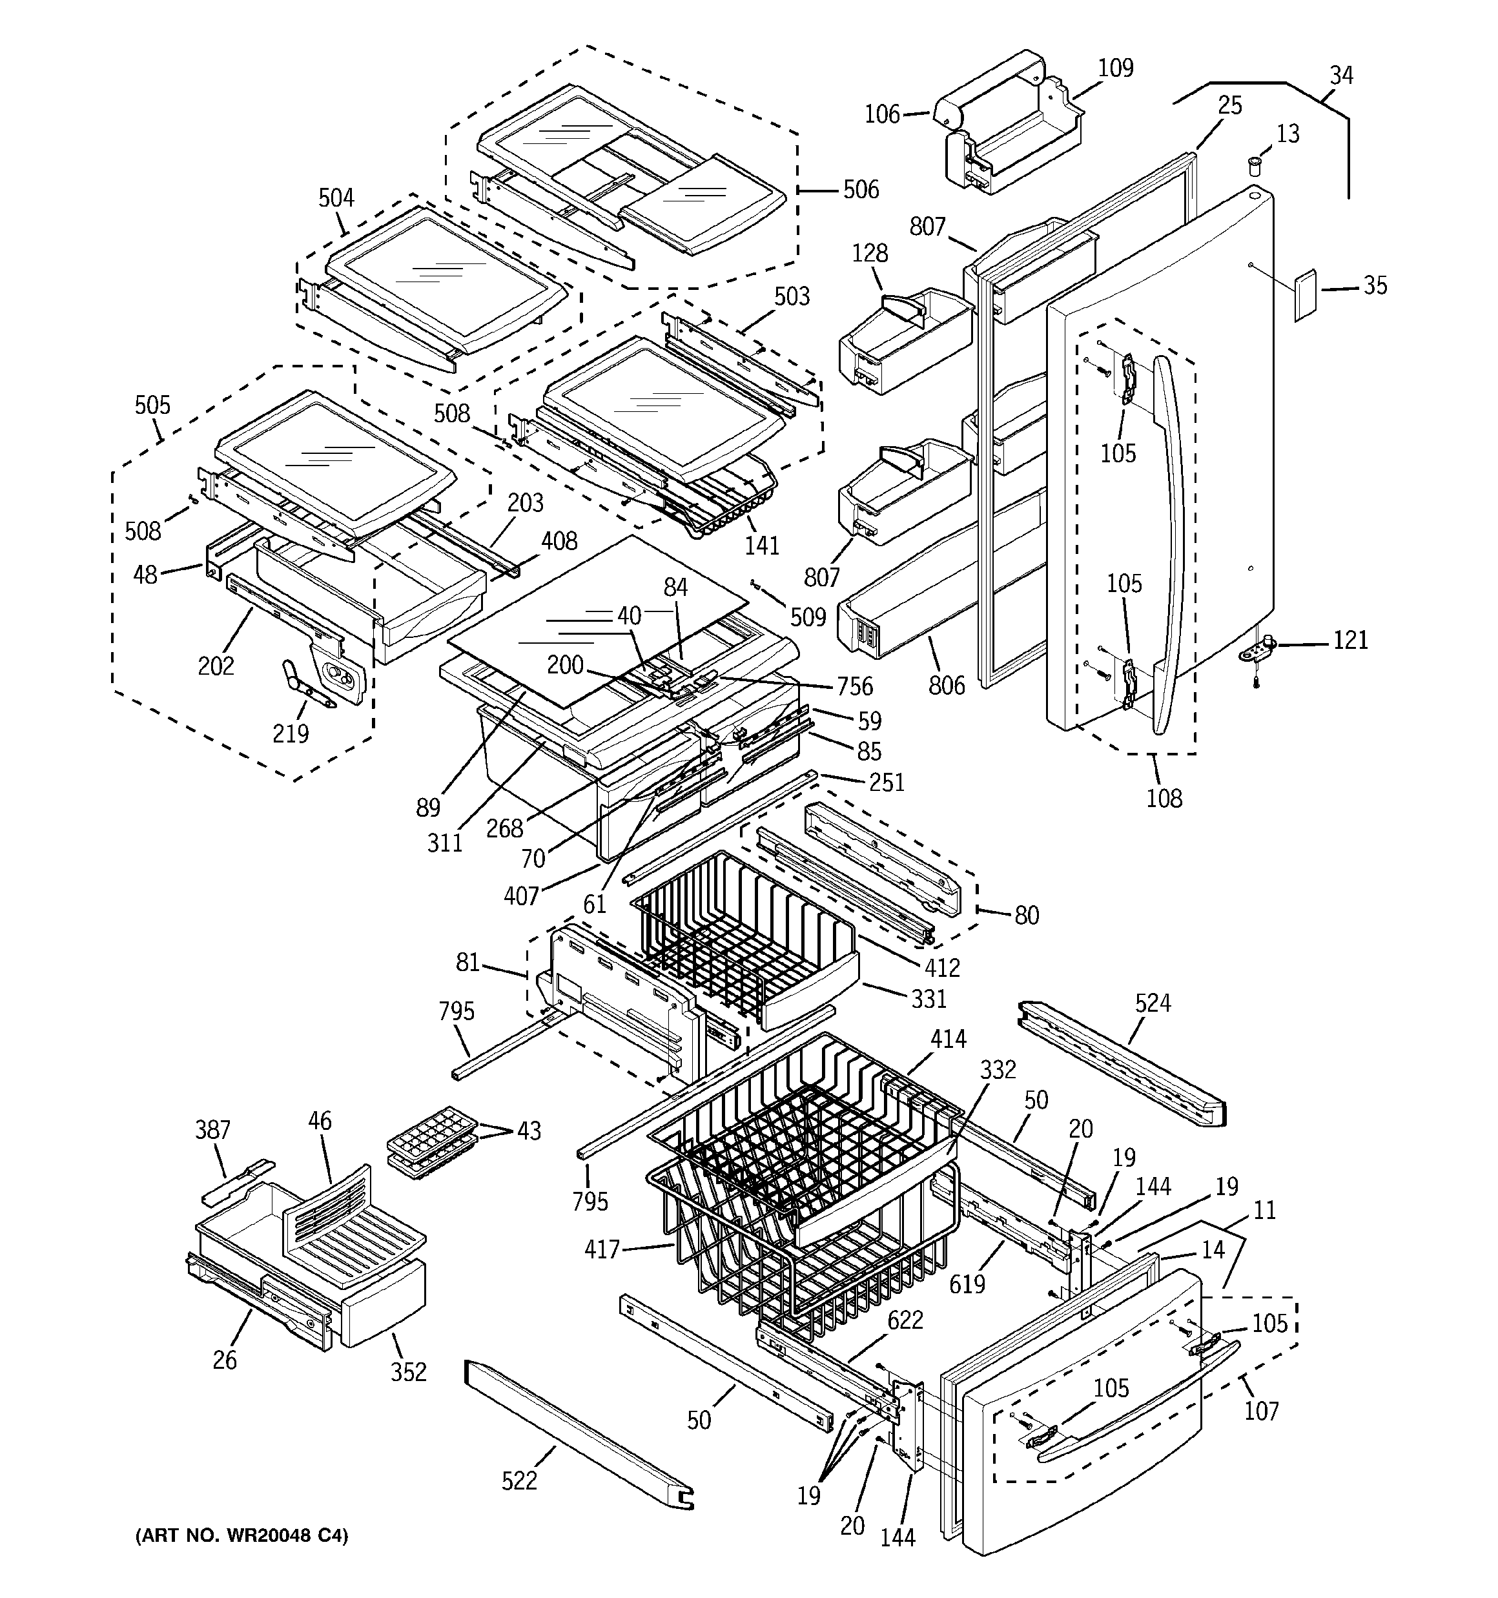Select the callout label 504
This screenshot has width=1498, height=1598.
(x=336, y=198)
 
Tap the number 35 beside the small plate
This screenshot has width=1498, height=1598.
(x=1375, y=285)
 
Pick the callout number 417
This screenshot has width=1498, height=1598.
(x=602, y=1249)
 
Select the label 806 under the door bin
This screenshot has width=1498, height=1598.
(x=947, y=685)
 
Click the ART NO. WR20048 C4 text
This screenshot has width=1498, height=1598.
(x=241, y=1536)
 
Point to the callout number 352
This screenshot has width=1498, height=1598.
(x=409, y=1371)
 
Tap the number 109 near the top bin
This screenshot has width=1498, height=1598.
(x=1115, y=68)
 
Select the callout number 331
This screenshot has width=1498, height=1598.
(x=929, y=998)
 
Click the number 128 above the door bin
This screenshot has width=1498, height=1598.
(x=869, y=253)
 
